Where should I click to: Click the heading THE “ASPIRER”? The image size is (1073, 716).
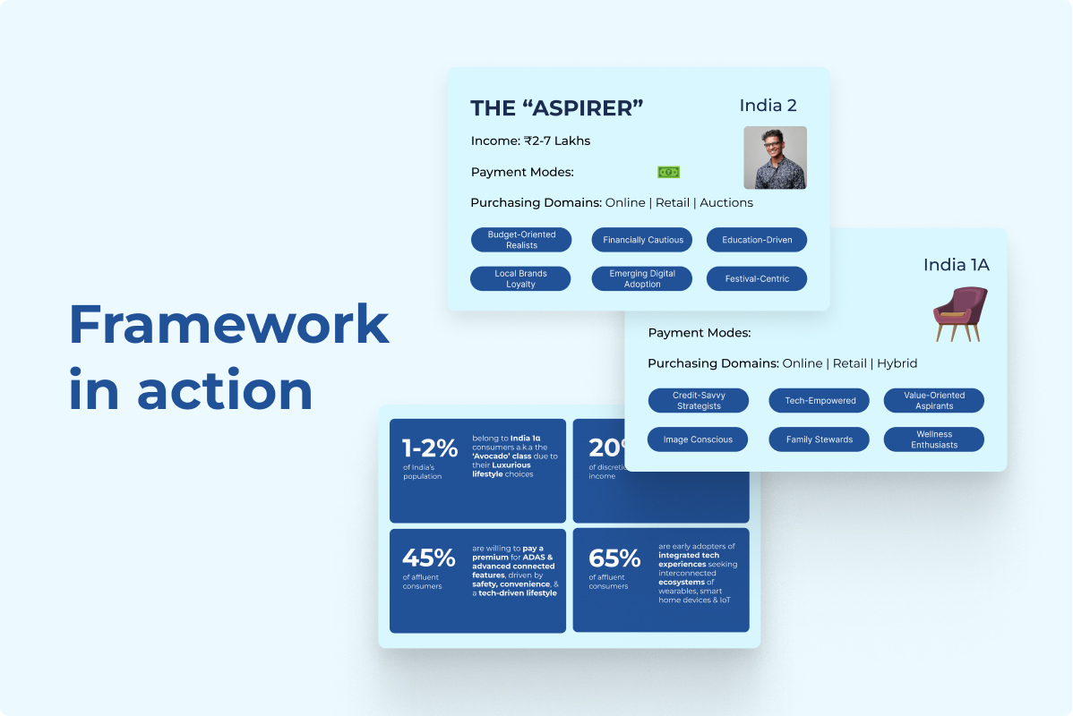coord(557,108)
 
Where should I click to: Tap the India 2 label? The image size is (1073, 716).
coord(768,106)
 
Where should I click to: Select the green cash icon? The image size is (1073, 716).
coord(668,172)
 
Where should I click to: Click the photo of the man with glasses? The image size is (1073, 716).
coord(775,158)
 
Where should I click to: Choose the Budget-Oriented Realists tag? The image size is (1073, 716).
coord(521,240)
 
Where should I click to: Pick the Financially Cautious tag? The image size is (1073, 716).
coord(642,240)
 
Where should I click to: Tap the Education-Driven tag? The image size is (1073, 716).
coord(757,240)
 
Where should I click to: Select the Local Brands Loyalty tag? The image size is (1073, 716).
coord(520,278)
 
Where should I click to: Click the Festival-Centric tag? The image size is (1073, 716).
coord(757,278)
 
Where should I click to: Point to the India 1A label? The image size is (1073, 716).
coord(956,265)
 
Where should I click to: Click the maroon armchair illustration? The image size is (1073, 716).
coord(959,313)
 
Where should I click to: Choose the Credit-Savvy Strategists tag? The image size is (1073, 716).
coord(698,401)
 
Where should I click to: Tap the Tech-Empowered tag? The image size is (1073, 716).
coord(820,401)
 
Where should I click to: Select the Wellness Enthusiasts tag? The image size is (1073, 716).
coord(933,439)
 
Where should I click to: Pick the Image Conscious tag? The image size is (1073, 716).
coord(698,439)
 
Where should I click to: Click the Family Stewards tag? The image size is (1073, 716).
coord(820,439)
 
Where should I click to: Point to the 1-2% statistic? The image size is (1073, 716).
coord(430,449)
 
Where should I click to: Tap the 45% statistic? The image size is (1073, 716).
coord(429,558)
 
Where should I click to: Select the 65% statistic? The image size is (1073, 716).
coord(614,558)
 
